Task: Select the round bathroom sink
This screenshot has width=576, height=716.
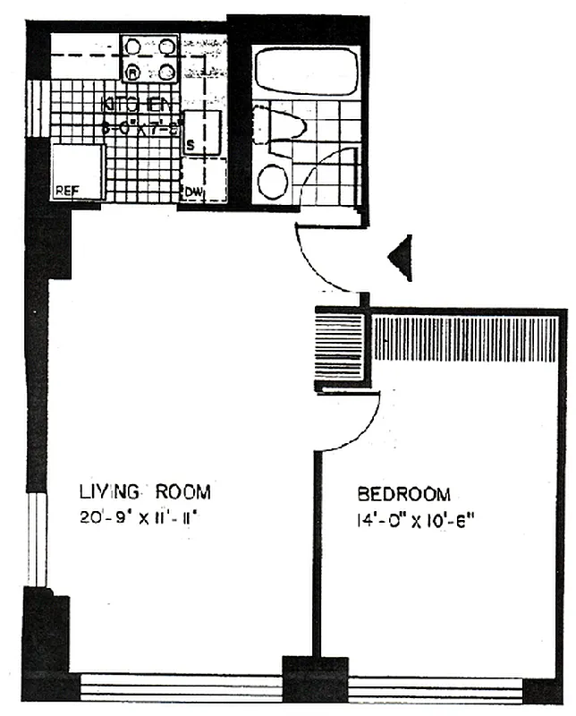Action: click(x=274, y=182)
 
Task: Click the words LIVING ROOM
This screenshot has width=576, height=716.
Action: click(x=144, y=491)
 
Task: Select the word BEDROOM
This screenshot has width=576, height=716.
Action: click(x=404, y=494)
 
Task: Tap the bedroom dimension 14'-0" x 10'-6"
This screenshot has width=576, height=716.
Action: click(x=415, y=517)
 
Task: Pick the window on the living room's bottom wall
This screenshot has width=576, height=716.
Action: click(x=179, y=688)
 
